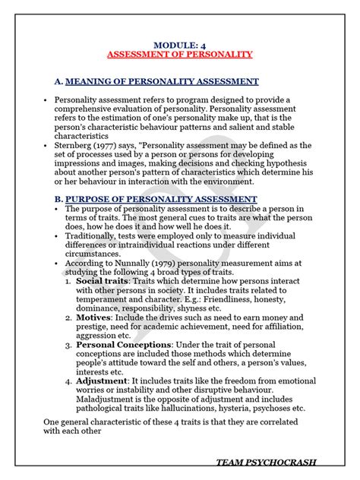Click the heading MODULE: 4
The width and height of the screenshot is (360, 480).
[x=179, y=44]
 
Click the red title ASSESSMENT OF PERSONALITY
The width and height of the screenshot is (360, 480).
[x=179, y=55]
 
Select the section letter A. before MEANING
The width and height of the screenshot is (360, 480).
[x=58, y=81]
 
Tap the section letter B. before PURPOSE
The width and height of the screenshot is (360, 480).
[x=58, y=199]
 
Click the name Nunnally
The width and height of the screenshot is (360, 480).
[x=131, y=264]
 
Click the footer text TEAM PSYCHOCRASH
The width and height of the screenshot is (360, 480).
[x=266, y=462]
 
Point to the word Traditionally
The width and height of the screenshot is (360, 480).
[x=96, y=235]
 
